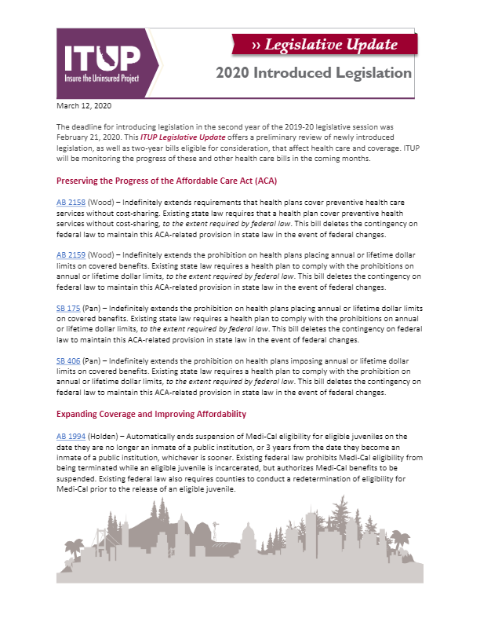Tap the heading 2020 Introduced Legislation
pos(314,73)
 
